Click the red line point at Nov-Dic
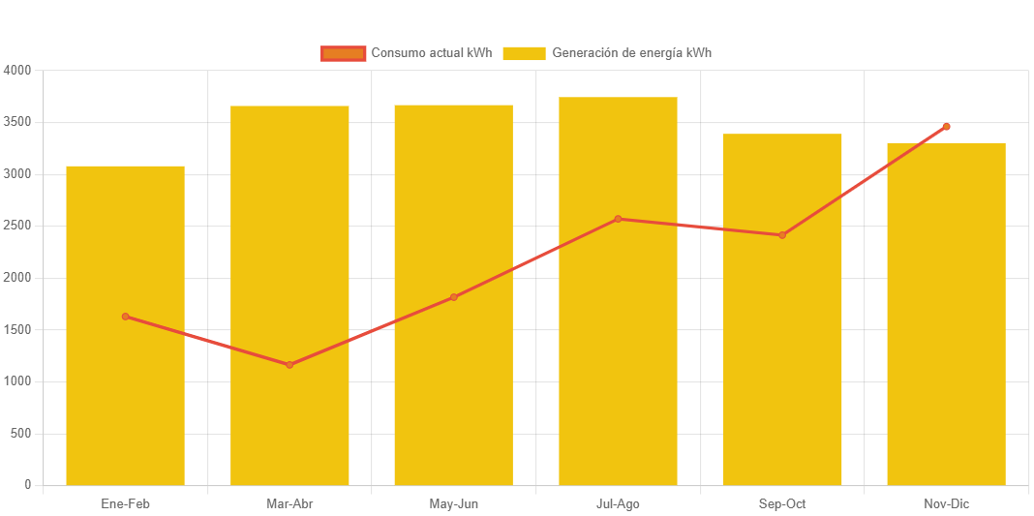[946, 127]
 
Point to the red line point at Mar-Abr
[289, 365]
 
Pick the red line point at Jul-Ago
[618, 219]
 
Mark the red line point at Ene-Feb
[125, 317]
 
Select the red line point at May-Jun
[453, 297]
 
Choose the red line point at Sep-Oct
[782, 235]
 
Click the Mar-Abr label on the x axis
[289, 504]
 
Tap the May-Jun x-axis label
[453, 504]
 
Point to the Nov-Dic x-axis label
[946, 504]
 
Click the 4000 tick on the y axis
[17, 71]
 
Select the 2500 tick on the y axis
[17, 226]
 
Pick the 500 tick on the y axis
[21, 433]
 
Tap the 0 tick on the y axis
[27, 484]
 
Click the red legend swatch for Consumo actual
[343, 53]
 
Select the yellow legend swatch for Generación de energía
[524, 53]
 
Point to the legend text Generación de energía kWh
[631, 53]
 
